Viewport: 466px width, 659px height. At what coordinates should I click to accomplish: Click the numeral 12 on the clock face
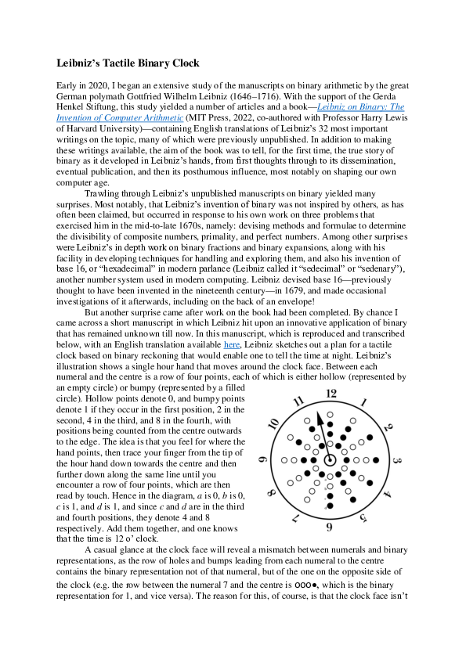(331, 394)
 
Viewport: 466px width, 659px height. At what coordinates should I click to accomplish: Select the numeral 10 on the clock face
(273, 425)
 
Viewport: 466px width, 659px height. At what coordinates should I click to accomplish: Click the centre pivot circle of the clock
(330, 460)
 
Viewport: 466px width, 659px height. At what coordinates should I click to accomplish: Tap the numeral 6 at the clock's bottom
(329, 528)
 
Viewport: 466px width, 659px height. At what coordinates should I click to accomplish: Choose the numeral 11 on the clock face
(298, 403)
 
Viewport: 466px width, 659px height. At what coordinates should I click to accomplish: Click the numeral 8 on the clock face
(272, 493)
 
